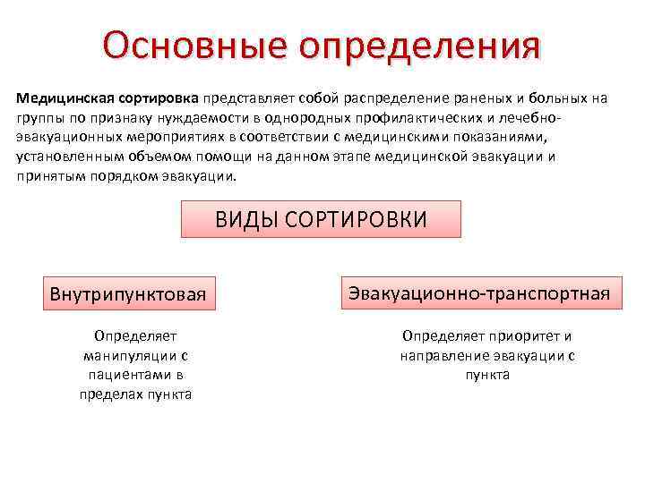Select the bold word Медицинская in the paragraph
61,97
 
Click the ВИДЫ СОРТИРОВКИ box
321,219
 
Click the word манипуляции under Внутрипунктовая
135,355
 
